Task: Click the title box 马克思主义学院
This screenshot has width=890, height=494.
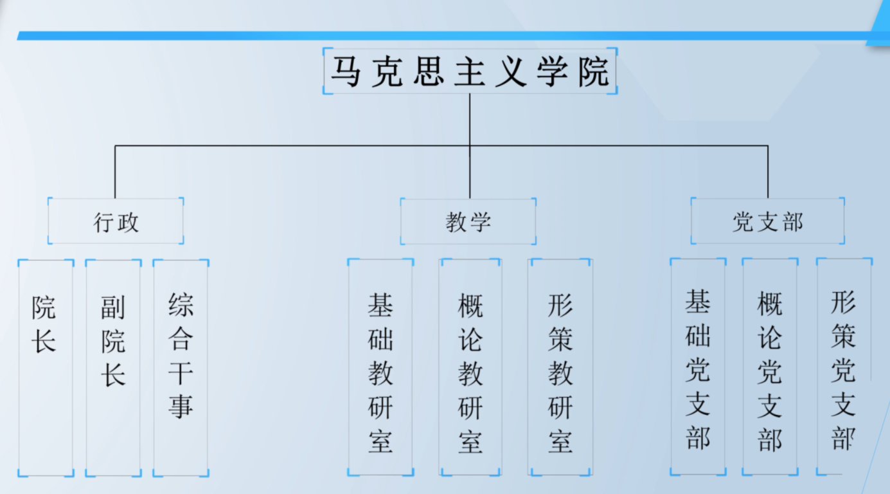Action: [x=470, y=71]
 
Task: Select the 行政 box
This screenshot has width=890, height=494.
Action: [x=116, y=221]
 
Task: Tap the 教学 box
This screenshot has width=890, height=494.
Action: [x=468, y=221]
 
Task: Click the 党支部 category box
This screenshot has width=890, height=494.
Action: [x=767, y=221]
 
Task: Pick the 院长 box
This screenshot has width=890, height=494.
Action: [x=45, y=367]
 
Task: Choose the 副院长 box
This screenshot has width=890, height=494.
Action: [x=113, y=367]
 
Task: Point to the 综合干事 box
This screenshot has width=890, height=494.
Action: [x=181, y=367]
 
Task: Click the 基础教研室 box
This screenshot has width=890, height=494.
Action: [x=380, y=367]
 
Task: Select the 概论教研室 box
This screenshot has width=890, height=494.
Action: [x=470, y=367]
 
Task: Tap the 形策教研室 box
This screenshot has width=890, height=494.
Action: [x=560, y=367]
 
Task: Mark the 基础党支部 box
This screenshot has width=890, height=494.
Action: [x=698, y=367]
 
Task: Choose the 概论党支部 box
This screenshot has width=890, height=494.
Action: [x=770, y=367]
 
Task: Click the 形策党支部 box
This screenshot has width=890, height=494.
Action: [x=844, y=367]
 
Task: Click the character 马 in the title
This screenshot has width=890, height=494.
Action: [x=346, y=71]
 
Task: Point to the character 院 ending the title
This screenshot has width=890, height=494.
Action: [x=592, y=71]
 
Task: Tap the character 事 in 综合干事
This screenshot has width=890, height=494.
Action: [x=181, y=407]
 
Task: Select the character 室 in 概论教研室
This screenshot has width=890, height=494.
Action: [x=470, y=442]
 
